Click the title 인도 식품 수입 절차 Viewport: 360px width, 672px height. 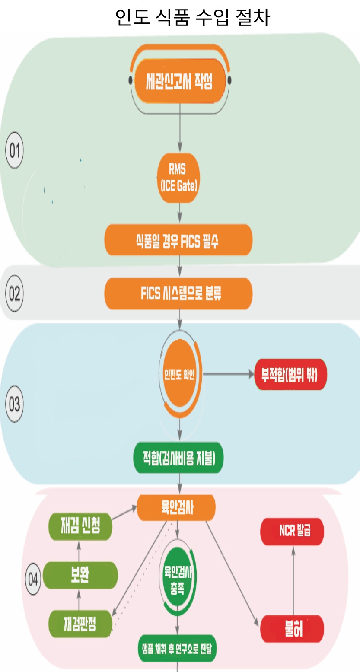tap(192, 17)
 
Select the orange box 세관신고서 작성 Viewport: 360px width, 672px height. tap(180, 81)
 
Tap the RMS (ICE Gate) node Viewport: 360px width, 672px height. tap(179, 178)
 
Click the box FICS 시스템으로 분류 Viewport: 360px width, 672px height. tap(178, 294)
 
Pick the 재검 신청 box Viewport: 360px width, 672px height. tap(80, 526)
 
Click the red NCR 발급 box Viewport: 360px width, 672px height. tap(292, 531)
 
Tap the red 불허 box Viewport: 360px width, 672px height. tap(292, 629)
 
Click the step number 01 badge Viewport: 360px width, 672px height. tap(14, 151)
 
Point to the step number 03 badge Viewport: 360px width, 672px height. tap(14, 405)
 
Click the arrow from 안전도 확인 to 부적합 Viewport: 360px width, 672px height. tap(229, 374)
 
